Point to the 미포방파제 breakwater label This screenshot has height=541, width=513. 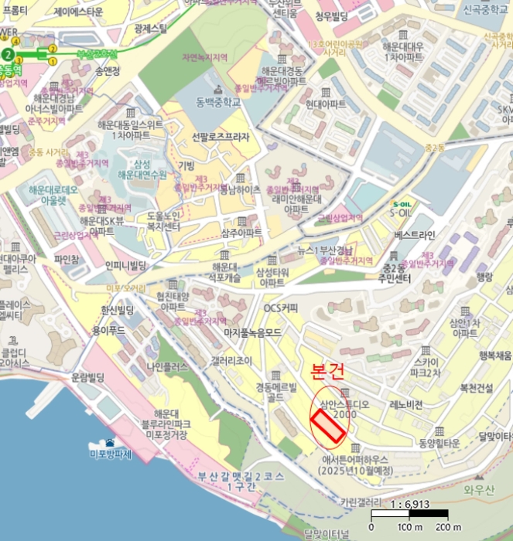111,454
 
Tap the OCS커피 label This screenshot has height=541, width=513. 281,307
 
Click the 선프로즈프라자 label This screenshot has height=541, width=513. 221,138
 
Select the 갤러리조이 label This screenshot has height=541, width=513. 231,360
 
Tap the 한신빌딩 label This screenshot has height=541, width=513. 118,310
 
